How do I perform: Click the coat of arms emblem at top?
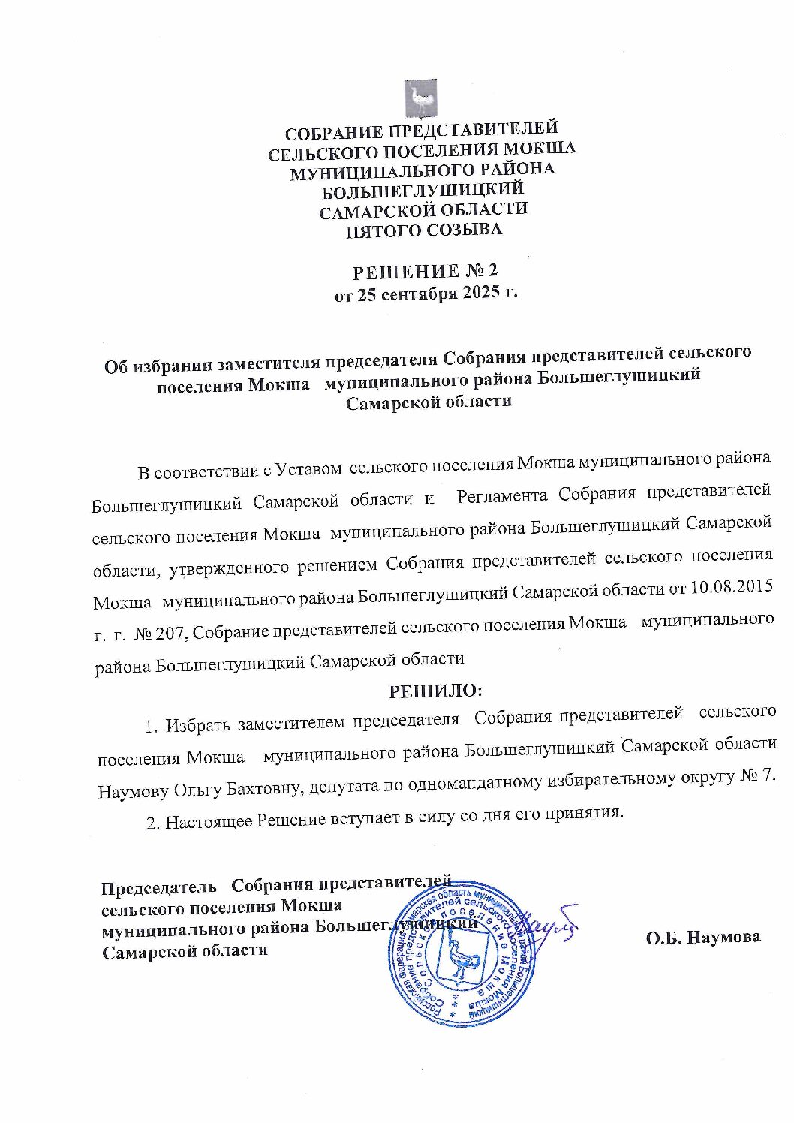(x=422, y=98)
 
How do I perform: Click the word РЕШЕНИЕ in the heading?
(x=403, y=271)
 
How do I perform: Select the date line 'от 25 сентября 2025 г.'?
(x=426, y=293)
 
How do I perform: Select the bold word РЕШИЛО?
(x=435, y=688)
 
